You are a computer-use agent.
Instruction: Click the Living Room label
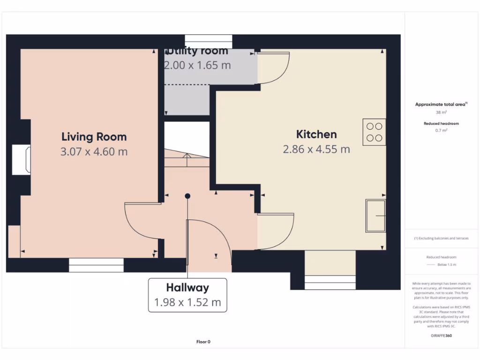point(94,137)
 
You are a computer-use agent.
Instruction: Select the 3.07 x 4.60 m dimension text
point(94,152)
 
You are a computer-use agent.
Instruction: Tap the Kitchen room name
point(316,135)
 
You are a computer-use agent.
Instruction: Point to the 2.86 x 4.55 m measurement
point(316,150)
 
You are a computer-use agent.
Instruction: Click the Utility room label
point(197,51)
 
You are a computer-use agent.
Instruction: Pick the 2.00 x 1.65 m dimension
point(197,65)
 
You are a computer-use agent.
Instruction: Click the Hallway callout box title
point(187,288)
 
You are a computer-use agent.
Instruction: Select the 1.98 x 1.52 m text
point(187,302)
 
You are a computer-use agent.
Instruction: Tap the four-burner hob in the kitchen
point(374,132)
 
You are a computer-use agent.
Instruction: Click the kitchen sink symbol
point(375,216)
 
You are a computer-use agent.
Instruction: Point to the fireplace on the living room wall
point(22,160)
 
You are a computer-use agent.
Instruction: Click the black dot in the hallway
point(187,196)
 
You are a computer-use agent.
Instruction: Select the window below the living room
point(96,265)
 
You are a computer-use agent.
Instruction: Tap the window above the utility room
point(209,41)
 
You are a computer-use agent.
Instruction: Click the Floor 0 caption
point(203,342)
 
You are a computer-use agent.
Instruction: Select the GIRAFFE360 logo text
point(441,336)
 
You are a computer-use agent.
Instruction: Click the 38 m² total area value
point(441,112)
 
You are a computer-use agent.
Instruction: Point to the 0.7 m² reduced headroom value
point(441,131)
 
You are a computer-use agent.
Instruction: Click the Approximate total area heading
point(441,105)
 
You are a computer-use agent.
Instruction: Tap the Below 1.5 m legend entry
point(446,265)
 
